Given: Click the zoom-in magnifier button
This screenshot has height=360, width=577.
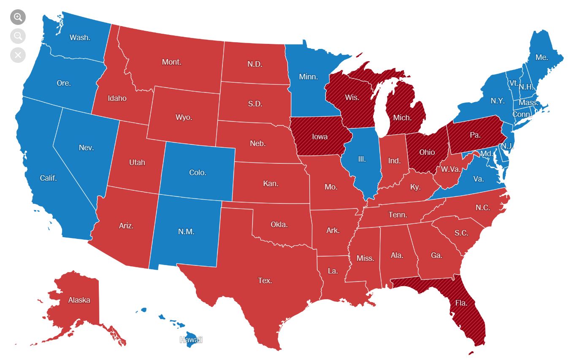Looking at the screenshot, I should coord(18,17).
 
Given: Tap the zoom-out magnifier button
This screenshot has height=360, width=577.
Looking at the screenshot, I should coord(18,36).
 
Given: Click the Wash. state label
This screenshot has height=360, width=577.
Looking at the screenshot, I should coord(80,38).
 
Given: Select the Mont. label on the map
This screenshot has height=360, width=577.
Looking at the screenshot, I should coord(172,62).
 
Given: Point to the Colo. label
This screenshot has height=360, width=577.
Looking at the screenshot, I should coord(198,173).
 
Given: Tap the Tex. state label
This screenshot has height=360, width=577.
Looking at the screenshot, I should coord(265,280).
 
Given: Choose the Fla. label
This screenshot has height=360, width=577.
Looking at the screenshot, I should coord(461,303).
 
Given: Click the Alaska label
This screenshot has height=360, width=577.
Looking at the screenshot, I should coord(79,300).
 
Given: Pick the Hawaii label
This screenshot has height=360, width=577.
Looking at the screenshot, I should coord(191,340).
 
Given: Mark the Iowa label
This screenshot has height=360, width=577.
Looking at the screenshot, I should coord(320,137).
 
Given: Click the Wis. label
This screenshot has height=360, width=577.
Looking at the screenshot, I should coord(352,97).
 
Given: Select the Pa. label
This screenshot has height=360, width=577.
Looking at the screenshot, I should coord(475,135).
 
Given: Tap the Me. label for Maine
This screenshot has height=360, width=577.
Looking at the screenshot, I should coord(542,57).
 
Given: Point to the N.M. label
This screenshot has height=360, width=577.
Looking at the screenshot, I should coord(186,231).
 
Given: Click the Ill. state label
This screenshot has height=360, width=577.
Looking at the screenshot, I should coord(362,159).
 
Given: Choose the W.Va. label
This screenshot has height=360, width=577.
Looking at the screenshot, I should coord(451,170).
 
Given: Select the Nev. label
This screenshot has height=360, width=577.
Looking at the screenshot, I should coord(86,148).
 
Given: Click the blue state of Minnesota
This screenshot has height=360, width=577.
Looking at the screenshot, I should coord(308,77).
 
